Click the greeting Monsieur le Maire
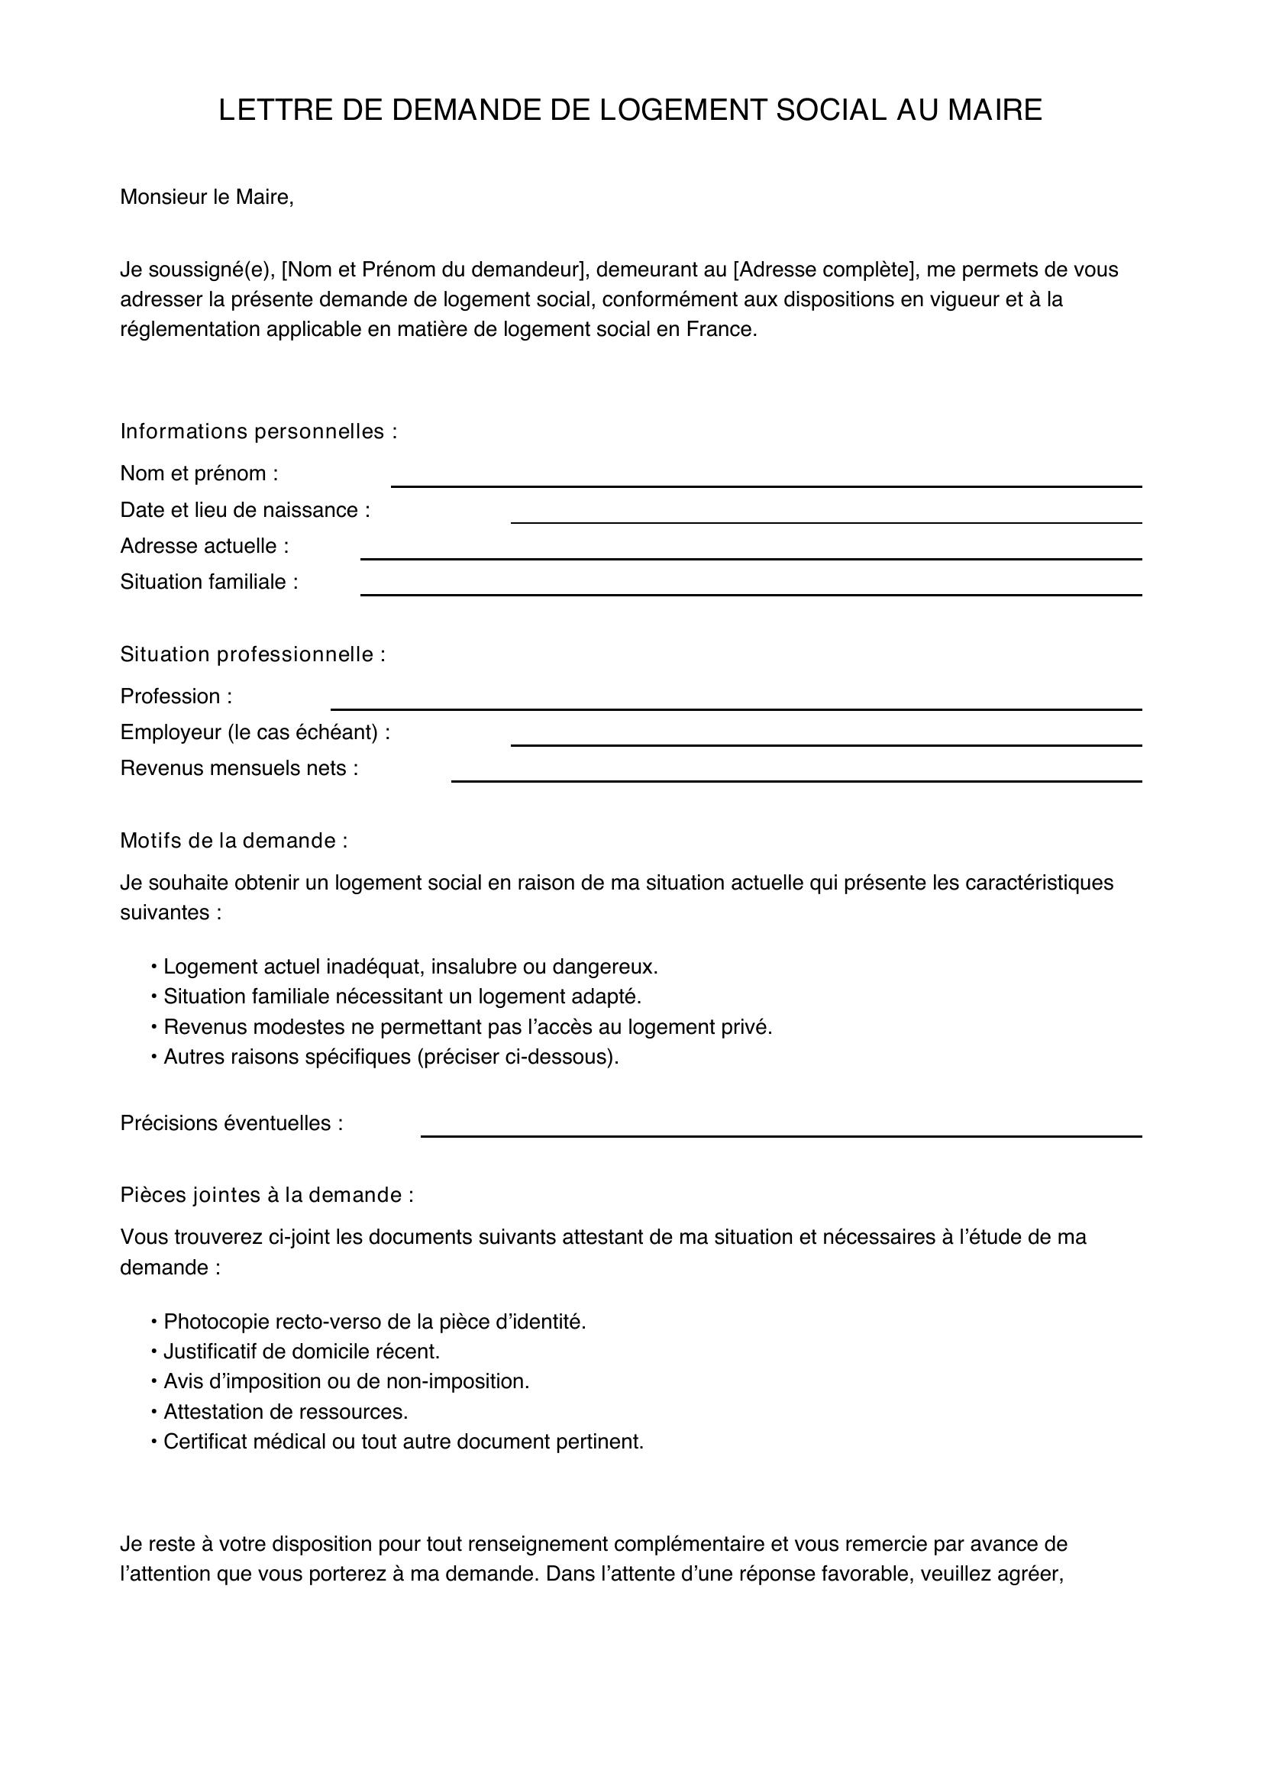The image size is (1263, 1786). pos(207,198)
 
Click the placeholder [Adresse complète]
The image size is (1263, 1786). pos(824,270)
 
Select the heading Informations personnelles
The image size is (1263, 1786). pos(258,431)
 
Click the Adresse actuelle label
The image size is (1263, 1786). pos(204,546)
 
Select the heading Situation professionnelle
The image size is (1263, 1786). pos(253,654)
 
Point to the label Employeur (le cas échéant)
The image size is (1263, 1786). pos(255,732)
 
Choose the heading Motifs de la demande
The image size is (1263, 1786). pos(234,840)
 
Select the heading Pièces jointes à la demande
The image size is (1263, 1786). pos(266,1195)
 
